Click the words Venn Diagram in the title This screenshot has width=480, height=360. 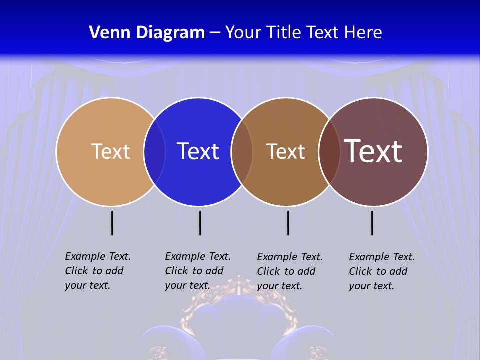coord(147,33)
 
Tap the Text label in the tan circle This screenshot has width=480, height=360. coord(110,151)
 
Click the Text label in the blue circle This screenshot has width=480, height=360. coord(198,151)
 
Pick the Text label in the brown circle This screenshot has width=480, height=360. coord(285,151)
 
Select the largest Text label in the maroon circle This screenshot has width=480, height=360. coord(373,151)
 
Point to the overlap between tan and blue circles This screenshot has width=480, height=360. coord(154,151)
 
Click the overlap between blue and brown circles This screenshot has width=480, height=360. coord(242,151)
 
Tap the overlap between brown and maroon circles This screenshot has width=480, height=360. coord(329,151)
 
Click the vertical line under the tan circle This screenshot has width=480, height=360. coord(112,223)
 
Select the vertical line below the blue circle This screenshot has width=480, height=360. coord(200,223)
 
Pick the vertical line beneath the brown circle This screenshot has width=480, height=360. coord(288,223)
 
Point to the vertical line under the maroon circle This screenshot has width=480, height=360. coord(372,223)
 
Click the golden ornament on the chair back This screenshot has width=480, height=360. coord(239,290)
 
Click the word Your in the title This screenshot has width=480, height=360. coord(243,33)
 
